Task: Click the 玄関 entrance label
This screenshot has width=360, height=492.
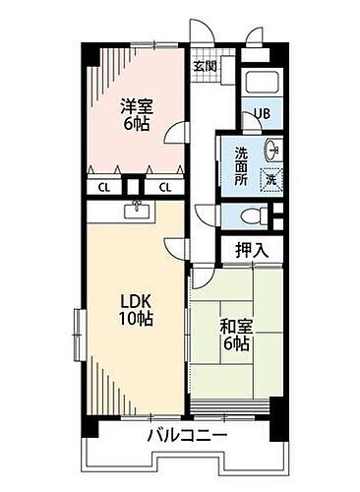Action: click(205, 66)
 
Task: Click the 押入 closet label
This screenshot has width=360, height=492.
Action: click(251, 251)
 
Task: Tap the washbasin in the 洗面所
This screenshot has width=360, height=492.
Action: click(272, 153)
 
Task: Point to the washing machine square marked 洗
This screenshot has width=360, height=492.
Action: click(270, 179)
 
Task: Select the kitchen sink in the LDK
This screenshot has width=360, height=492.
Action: click(134, 210)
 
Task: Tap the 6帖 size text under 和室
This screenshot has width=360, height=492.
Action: click(236, 345)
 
